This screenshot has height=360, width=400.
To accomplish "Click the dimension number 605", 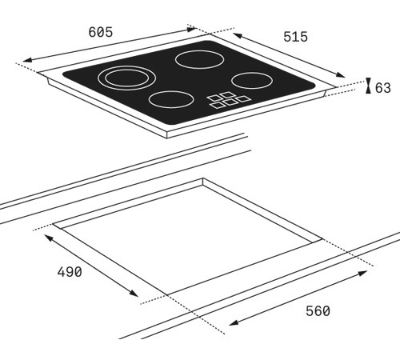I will pyautogui.click(x=100, y=33).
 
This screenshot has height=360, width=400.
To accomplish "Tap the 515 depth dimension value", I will pyautogui.click(x=295, y=37).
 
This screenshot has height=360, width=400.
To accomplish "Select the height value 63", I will pyautogui.click(x=382, y=88).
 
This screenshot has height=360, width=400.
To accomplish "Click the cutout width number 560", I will pyautogui.click(x=317, y=310).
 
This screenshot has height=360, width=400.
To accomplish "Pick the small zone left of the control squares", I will pyautogui.click(x=170, y=101).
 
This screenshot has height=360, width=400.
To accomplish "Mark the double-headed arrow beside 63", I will pyautogui.click(x=367, y=86).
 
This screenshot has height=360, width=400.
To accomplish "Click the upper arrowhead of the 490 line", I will pyautogui.click(x=47, y=237).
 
